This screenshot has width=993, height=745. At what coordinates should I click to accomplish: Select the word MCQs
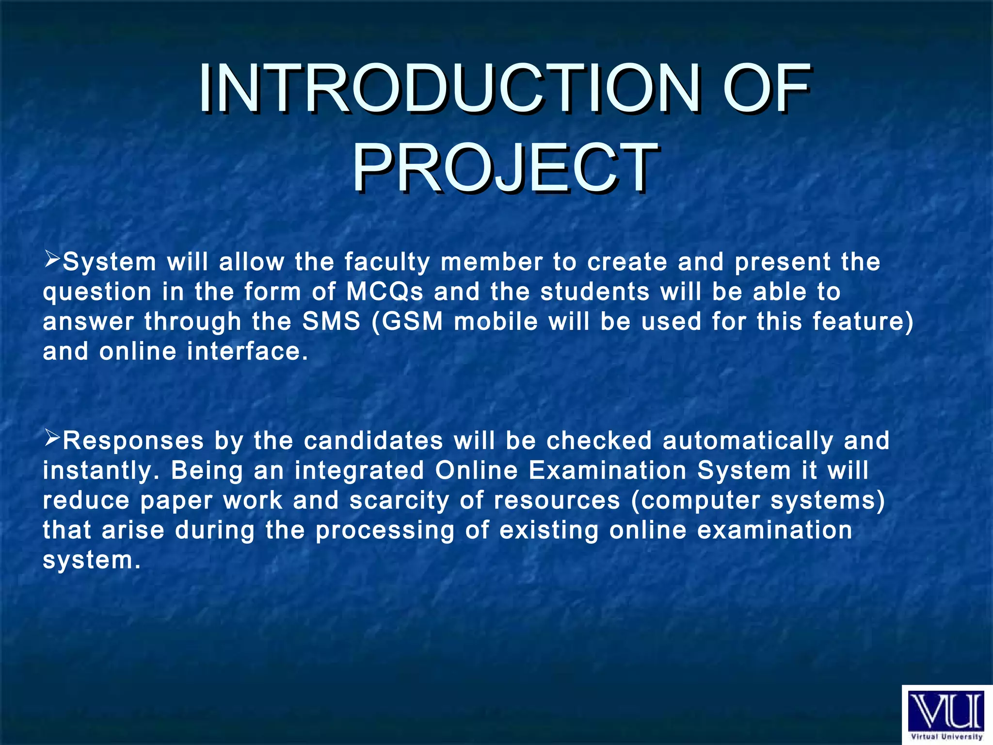point(384,292)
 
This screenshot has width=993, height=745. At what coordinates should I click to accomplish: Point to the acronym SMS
point(332,322)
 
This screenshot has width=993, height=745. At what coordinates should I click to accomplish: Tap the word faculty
point(387,262)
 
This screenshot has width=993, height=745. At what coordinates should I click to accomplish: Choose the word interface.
point(247,352)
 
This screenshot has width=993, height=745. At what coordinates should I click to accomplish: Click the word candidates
point(373,441)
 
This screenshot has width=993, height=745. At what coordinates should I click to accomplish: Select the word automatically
point(748,441)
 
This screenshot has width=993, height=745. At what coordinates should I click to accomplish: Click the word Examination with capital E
point(608,470)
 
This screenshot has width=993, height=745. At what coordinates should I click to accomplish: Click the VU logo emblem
point(946,711)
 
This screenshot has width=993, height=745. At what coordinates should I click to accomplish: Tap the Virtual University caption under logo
point(946,737)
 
